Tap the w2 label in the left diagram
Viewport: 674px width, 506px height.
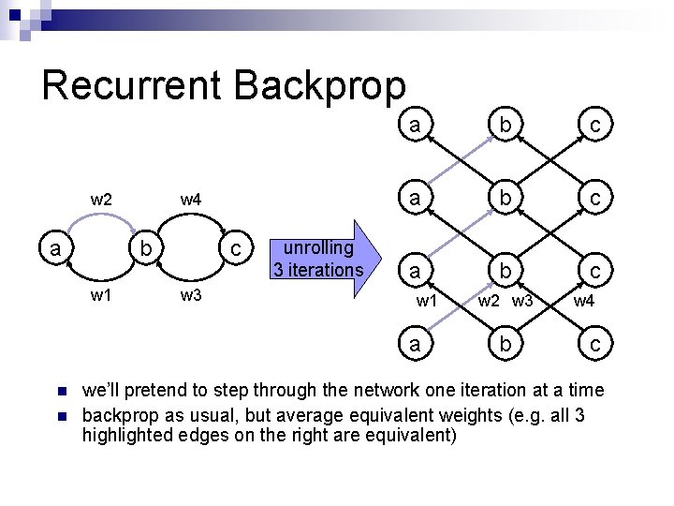click(x=101, y=199)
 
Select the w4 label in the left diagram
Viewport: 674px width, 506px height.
click(x=191, y=199)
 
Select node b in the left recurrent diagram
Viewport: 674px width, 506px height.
click(x=144, y=249)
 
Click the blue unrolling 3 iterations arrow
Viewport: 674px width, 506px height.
click(x=322, y=260)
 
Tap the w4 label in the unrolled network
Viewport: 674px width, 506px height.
click(x=582, y=302)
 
